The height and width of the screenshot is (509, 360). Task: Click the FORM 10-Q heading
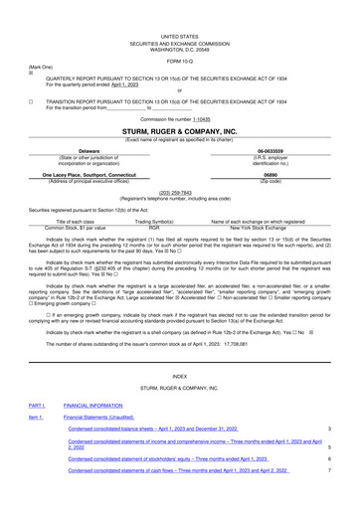(179, 59)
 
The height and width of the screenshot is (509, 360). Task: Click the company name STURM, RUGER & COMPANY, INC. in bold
(179, 130)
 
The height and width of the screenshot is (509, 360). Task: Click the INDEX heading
(179, 377)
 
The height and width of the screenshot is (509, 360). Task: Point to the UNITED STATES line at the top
(179, 35)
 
